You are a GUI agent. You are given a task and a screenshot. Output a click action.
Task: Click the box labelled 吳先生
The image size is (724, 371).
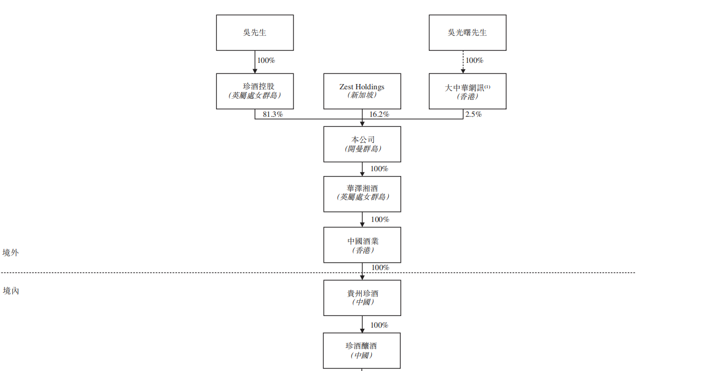click(255, 33)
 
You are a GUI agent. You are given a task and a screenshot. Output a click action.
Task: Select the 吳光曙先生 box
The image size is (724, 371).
click(468, 33)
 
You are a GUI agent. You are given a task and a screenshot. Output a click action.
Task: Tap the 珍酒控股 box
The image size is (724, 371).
click(255, 91)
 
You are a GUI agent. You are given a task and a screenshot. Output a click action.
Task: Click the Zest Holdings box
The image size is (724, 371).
click(362, 91)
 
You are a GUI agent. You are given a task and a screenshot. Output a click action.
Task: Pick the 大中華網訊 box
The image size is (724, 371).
click(468, 91)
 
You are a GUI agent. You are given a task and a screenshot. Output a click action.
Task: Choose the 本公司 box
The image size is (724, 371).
click(362, 144)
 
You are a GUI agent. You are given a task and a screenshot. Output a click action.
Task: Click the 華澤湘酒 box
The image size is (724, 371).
click(362, 194)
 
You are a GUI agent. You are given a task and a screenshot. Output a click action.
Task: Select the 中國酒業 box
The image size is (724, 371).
click(362, 245)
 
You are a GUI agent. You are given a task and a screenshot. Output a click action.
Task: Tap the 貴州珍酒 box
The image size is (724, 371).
click(362, 298)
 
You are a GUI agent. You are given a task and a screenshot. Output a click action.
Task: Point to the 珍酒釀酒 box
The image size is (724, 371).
click(362, 350)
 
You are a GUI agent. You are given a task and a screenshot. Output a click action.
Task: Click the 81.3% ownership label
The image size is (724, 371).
click(273, 114)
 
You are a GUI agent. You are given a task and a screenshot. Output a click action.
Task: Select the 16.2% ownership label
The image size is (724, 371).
click(379, 114)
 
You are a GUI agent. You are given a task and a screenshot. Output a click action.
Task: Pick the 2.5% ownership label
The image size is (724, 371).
click(473, 114)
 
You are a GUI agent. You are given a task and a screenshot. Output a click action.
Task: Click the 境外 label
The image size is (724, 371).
click(11, 253)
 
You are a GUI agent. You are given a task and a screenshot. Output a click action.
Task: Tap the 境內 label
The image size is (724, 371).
click(11, 291)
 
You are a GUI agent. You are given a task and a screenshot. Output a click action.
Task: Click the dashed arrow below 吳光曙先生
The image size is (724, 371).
click(463, 62)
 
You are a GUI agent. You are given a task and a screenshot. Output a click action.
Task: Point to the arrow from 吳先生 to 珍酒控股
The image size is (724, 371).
click(255, 62)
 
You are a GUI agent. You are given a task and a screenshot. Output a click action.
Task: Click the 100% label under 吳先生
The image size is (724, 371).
click(266, 60)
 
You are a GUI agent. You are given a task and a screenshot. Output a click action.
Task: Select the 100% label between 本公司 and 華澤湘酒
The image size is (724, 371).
click(379, 169)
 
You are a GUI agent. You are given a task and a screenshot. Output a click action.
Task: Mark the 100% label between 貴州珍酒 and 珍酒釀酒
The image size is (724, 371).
click(379, 325)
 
